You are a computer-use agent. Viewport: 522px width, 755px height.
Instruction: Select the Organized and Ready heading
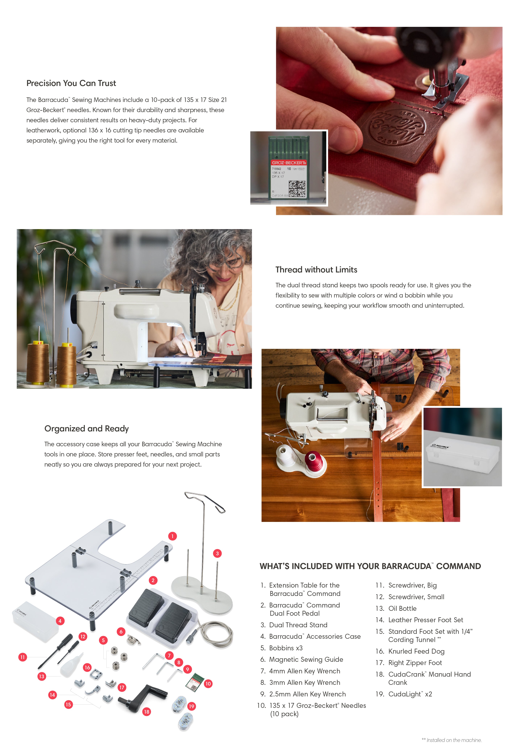(x=87, y=429)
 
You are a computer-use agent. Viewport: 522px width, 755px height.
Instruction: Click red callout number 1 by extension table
(x=172, y=536)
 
